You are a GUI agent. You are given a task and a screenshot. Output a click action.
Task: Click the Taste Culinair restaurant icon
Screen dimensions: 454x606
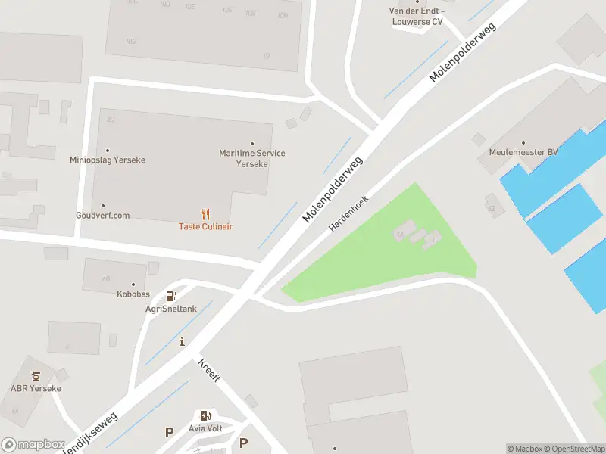(205, 214)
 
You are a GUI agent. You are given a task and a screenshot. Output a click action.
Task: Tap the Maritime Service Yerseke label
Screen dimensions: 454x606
(251, 158)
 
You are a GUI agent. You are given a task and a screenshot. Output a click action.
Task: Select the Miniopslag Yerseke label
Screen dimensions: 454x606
(107, 160)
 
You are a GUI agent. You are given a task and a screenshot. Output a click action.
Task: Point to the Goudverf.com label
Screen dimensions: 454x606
(102, 215)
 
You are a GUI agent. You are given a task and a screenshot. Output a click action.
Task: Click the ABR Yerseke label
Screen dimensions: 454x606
(36, 388)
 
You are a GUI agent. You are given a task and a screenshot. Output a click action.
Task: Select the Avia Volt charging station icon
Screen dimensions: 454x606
(205, 415)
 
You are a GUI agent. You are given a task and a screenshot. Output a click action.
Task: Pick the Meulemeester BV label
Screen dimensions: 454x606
(522, 152)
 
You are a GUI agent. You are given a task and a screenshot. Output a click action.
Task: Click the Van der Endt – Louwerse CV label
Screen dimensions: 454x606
(416, 16)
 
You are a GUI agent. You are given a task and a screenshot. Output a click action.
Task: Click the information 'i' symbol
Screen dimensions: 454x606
(182, 342)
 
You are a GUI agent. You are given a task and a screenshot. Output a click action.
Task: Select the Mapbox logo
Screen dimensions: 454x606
(33, 445)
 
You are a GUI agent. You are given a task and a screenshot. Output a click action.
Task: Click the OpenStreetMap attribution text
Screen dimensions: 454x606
(573, 449)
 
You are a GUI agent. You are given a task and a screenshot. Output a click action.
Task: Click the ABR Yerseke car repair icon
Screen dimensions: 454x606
(36, 375)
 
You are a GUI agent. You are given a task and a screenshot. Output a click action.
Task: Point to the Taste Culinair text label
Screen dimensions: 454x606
(205, 226)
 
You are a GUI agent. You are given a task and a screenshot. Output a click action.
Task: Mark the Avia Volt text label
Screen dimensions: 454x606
(205, 428)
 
